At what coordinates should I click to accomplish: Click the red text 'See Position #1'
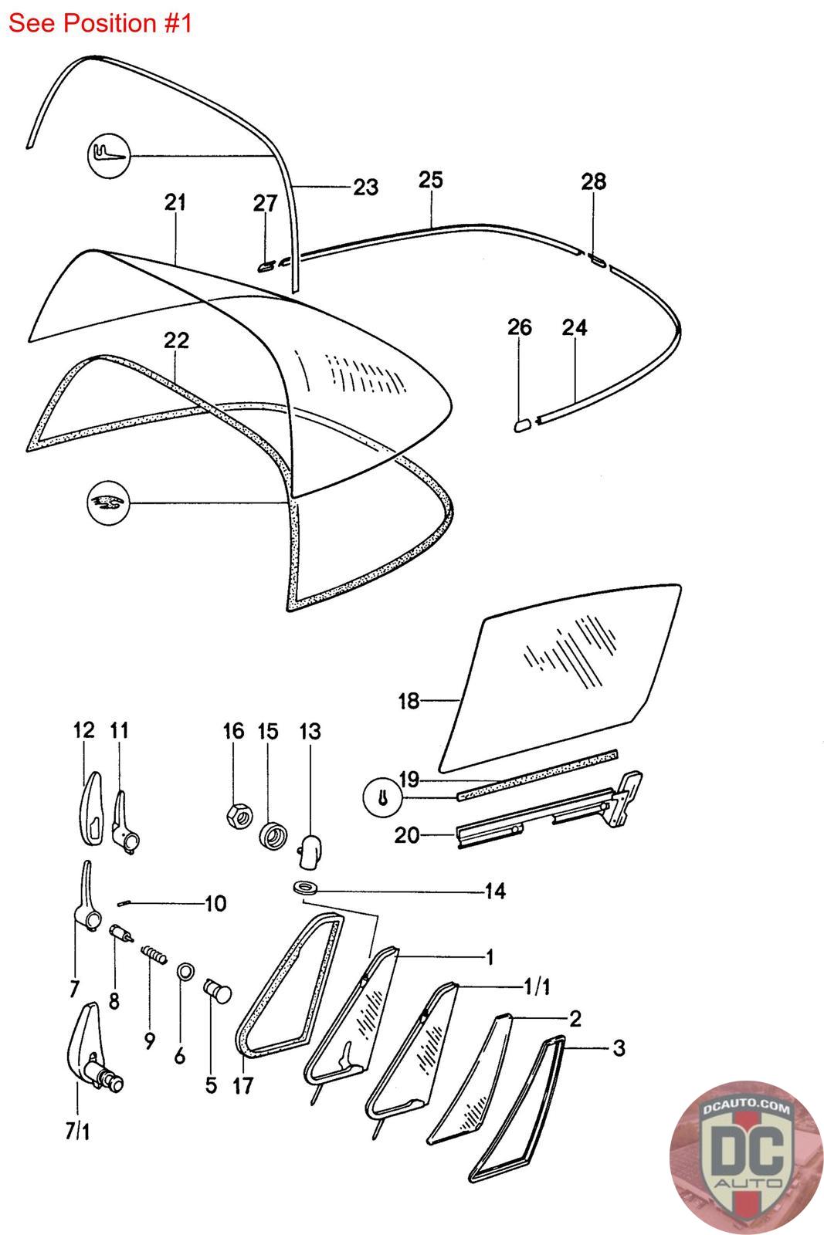tap(100, 23)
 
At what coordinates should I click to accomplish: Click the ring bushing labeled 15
tap(271, 835)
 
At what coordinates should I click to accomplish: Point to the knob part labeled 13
tap(309, 848)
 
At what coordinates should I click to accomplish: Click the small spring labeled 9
tap(154, 958)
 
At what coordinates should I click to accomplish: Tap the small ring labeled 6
tap(185, 970)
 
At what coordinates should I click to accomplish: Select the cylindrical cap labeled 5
tap(218, 989)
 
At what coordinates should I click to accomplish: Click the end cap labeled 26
tap(522, 423)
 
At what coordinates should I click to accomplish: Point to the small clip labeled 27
tap(264, 266)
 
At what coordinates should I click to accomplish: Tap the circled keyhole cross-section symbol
tap(384, 799)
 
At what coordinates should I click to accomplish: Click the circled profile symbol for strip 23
tap(107, 157)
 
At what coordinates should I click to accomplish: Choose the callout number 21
tap(175, 202)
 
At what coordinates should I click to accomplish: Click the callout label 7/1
tap(77, 1132)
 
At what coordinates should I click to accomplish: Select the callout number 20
tap(405, 835)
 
